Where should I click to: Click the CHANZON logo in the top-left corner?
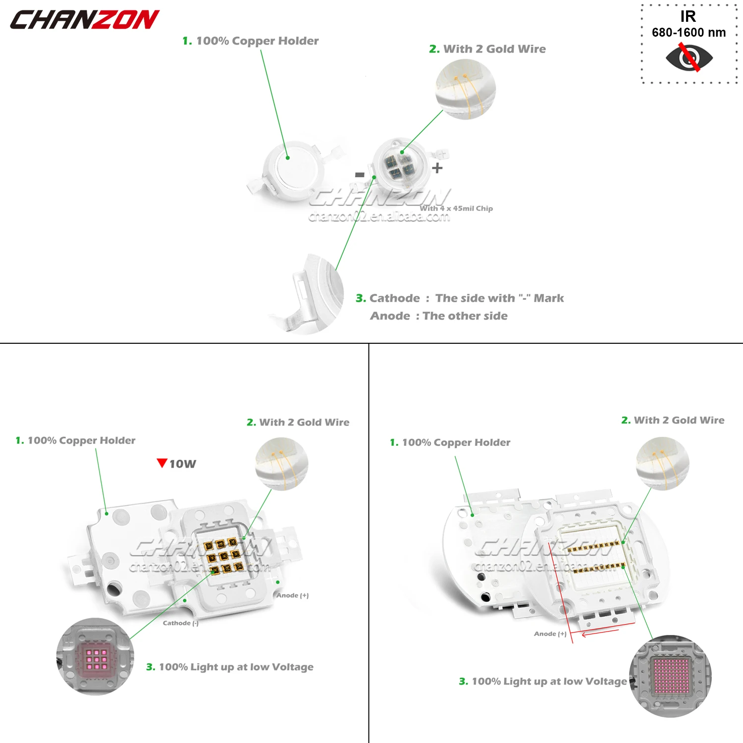point(84,20)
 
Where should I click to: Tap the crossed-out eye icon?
point(689,57)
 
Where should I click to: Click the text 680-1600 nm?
point(689,33)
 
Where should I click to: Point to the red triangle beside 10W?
point(161,463)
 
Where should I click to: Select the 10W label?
point(183,464)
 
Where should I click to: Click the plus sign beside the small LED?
point(437,168)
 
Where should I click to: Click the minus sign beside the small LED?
point(360,174)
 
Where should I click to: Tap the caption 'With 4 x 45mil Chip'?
point(456,209)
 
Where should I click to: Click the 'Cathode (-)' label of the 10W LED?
point(181,623)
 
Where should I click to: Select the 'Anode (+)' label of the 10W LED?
point(292,595)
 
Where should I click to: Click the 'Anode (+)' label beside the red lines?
point(550,634)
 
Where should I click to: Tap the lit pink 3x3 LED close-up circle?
point(95,656)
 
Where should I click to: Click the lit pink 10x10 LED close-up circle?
point(671,676)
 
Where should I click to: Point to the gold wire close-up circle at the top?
point(466,89)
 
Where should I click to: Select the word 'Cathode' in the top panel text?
point(395,298)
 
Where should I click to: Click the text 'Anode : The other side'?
point(439,316)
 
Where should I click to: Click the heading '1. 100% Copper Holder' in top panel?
point(251,41)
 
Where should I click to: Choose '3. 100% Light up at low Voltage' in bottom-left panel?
point(230,667)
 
